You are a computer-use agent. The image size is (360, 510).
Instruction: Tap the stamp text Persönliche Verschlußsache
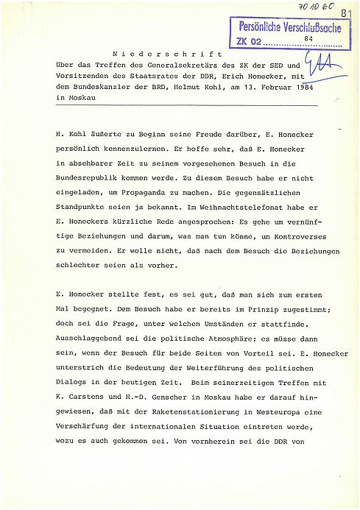pyautogui.click(x=289, y=27)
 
